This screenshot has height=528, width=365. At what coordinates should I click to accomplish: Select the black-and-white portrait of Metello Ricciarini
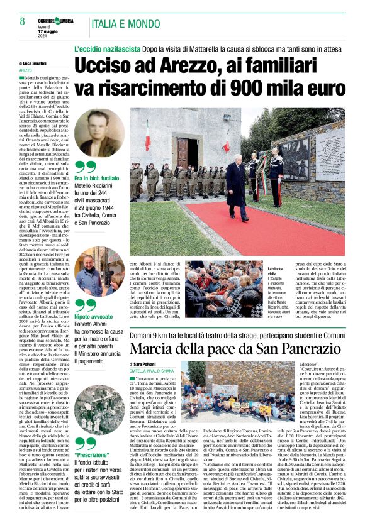[x=99, y=134]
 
